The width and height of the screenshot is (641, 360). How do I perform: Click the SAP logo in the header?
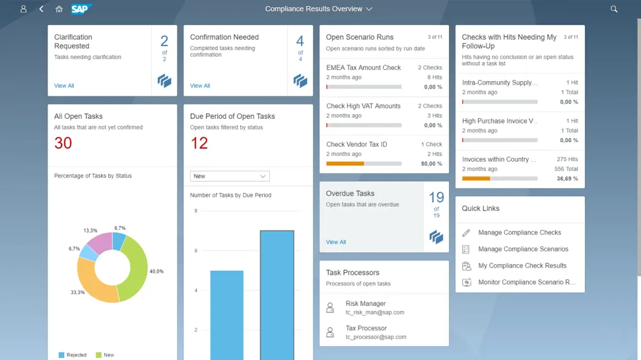click(x=81, y=9)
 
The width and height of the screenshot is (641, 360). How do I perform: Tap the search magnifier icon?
click(x=614, y=9)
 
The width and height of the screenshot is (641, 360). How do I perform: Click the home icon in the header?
click(x=59, y=9)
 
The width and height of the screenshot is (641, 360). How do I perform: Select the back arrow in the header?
click(x=42, y=9)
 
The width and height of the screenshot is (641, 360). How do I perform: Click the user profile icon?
click(x=24, y=9)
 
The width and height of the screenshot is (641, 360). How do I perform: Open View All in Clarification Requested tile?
click(x=64, y=86)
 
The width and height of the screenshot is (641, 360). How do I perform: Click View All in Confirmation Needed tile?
click(x=200, y=86)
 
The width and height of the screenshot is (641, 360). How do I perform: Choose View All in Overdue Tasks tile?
click(x=336, y=242)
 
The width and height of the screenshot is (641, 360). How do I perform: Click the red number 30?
click(x=63, y=143)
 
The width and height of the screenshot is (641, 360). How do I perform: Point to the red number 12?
click(x=199, y=143)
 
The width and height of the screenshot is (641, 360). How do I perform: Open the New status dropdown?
click(x=230, y=176)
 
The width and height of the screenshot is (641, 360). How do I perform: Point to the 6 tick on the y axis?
click(x=195, y=250)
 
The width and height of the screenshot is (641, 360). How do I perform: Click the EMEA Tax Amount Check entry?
click(x=364, y=67)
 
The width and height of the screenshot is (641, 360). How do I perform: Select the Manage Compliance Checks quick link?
click(x=520, y=233)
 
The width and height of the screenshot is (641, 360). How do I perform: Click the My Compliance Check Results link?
click(x=522, y=266)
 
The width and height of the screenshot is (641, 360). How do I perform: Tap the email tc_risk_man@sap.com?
click(x=374, y=312)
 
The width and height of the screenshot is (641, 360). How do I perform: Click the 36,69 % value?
click(x=567, y=178)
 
